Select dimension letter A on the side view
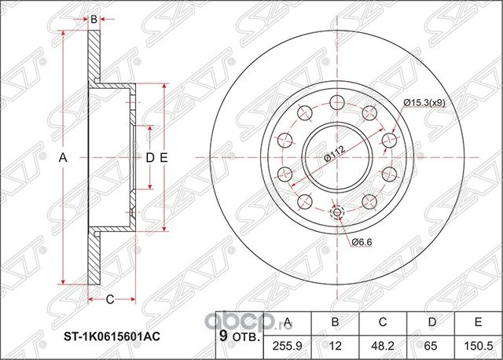pos(64,158)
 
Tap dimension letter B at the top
pos(94,18)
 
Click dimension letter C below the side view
pos(110,298)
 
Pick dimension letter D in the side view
pos(149,158)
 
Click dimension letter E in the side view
pos(163,158)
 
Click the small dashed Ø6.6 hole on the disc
pos(338,213)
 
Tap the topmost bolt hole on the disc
pos(338,100)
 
